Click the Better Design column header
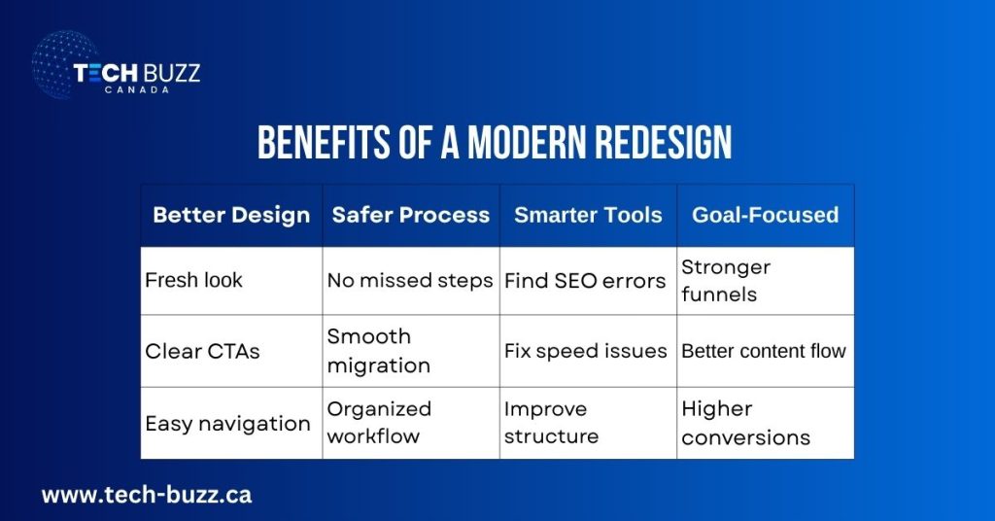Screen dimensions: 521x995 (231, 215)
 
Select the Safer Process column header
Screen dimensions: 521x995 (411, 215)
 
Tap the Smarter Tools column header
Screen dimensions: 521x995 (588, 215)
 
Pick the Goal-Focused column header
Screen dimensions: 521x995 (765, 215)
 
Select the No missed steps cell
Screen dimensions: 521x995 (410, 280)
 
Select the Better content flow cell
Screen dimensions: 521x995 (764, 351)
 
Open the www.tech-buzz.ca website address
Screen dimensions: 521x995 (146, 495)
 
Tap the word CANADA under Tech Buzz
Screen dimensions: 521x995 (136, 89)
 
